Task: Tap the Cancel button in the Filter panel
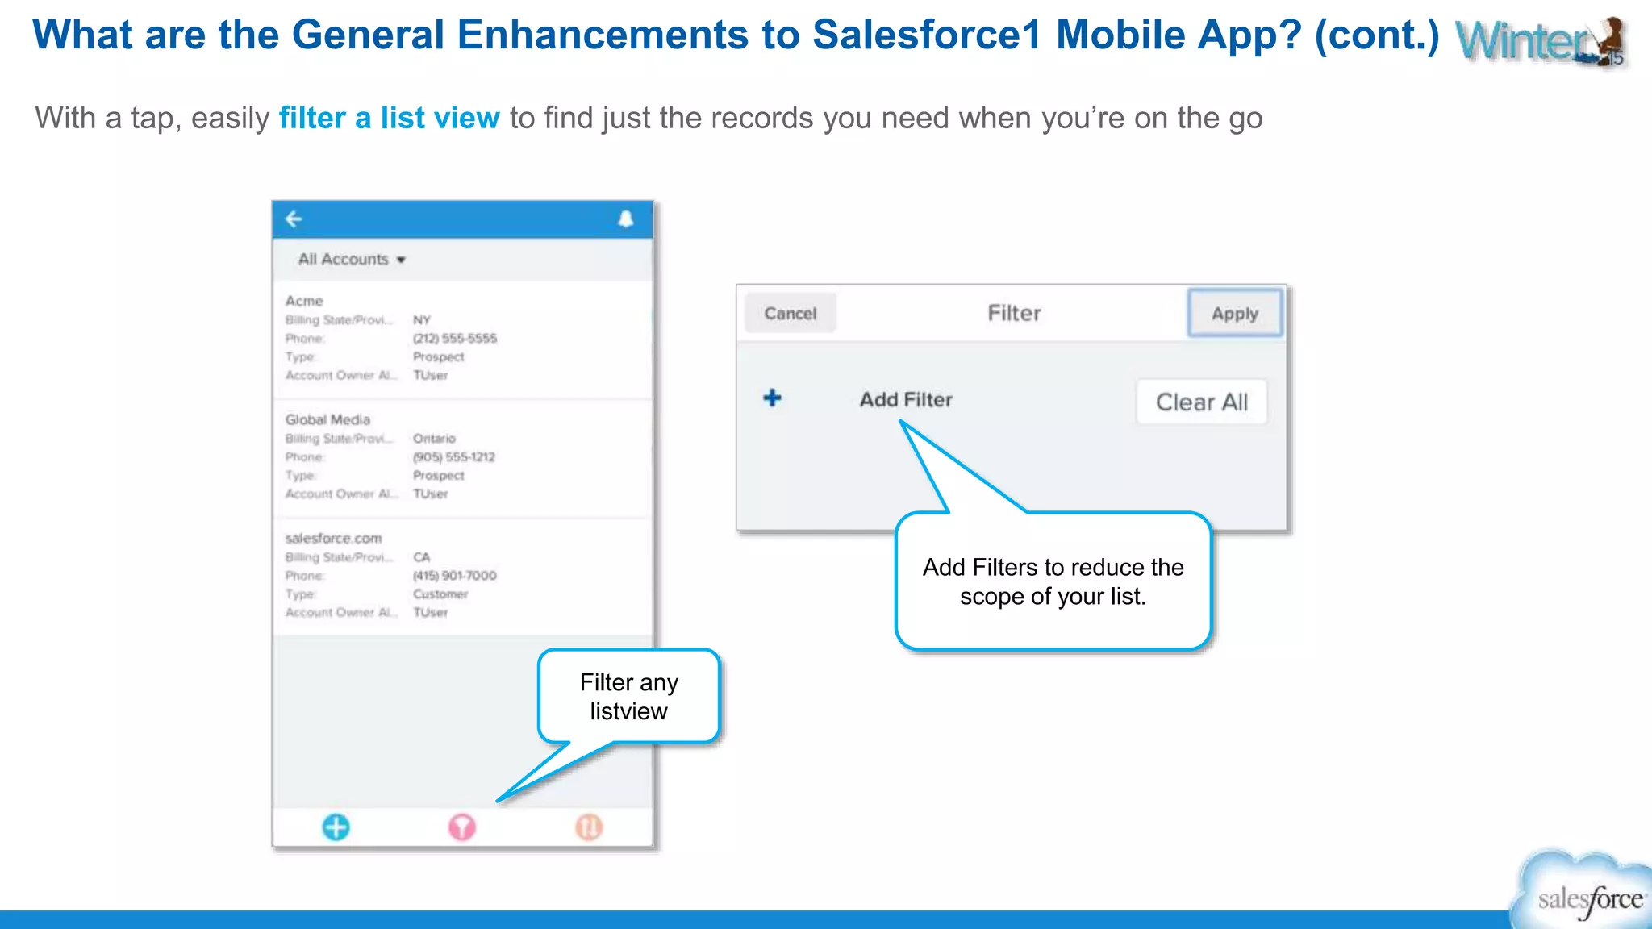point(790,313)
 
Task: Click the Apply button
point(1234,313)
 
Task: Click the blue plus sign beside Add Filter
point(772,398)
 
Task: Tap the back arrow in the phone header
point(294,219)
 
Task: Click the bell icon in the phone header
point(625,219)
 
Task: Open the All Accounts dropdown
point(352,260)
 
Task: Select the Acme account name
point(304,301)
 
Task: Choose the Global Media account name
point(327,419)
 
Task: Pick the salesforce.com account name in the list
point(333,538)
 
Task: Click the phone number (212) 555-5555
point(455,338)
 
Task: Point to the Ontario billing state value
point(434,438)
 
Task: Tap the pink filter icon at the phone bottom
point(461,827)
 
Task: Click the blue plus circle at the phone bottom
point(336,827)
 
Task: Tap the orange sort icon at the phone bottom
point(589,827)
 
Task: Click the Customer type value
point(440,594)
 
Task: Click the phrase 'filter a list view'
point(389,118)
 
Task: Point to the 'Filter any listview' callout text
point(628,697)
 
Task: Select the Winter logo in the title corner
point(1540,40)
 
